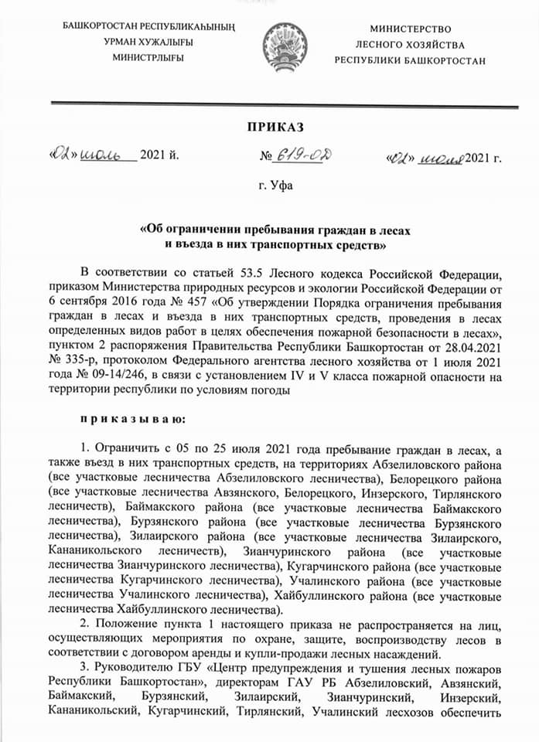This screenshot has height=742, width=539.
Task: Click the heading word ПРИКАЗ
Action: tap(275, 128)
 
